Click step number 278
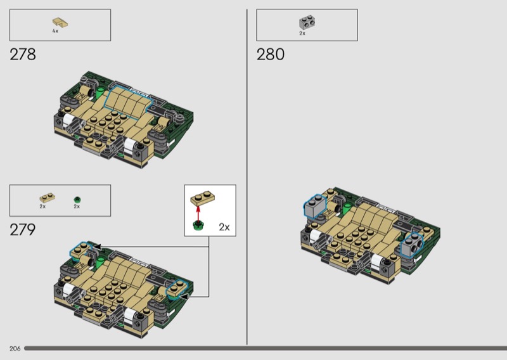[23, 55]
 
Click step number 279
[23, 229]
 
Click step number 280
[271, 55]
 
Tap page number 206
[15, 349]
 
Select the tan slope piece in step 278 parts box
[60, 22]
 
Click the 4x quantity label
[55, 31]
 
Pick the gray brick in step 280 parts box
[307, 22]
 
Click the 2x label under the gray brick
[302, 34]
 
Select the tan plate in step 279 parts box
[47, 197]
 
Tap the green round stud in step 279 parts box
[77, 200]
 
